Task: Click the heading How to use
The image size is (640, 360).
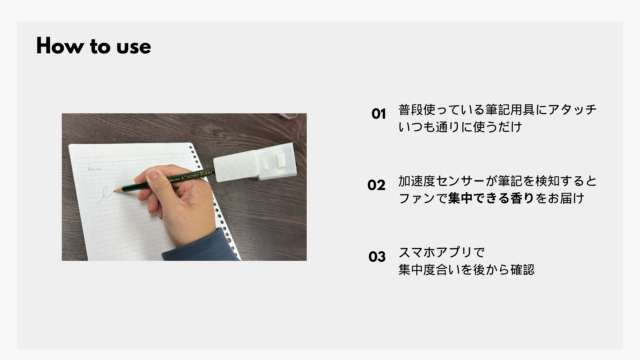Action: point(93,46)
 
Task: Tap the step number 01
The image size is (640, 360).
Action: point(379,114)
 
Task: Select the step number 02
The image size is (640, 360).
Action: point(376,185)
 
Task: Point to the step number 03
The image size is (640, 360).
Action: point(377,257)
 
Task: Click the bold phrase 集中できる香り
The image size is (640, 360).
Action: point(491,198)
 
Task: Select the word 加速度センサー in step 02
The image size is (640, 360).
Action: point(442,181)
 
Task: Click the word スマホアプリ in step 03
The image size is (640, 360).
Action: point(435,253)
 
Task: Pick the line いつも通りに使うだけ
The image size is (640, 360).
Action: point(460,127)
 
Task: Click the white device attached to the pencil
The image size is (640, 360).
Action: point(255,162)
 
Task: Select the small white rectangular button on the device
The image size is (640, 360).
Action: point(281,160)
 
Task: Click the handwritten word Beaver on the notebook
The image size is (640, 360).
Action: point(95,169)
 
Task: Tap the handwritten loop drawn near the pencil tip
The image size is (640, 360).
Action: point(104,194)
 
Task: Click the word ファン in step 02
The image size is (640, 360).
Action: point(417,198)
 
